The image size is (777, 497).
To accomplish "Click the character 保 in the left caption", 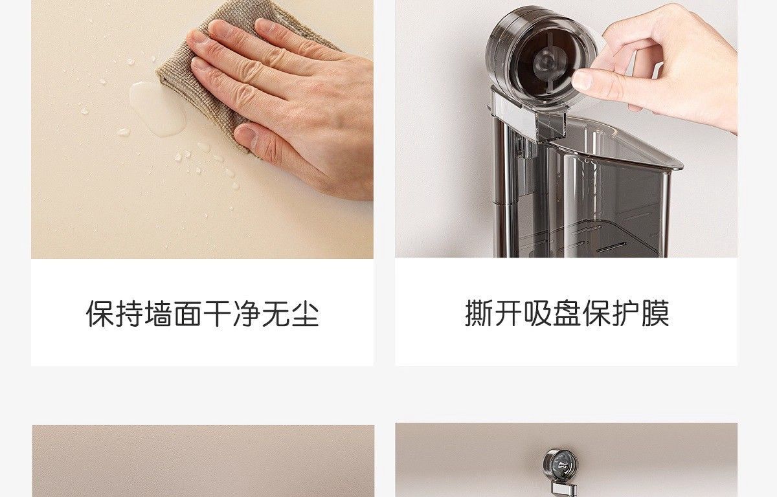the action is [100, 314].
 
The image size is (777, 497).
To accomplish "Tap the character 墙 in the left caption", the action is [159, 314].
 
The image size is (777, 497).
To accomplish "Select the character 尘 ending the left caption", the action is [305, 314].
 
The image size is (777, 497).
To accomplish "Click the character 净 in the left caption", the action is [247, 314].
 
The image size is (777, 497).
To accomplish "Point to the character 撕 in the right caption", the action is [479, 313].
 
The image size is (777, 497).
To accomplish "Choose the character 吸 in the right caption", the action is [537, 313].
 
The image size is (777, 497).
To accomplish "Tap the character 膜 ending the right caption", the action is [655, 313].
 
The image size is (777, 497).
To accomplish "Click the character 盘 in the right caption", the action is [567, 313].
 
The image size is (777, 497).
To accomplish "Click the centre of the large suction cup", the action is [545, 62].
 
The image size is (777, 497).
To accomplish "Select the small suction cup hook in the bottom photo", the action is [560, 466].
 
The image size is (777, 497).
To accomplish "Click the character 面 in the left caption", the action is [188, 314].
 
